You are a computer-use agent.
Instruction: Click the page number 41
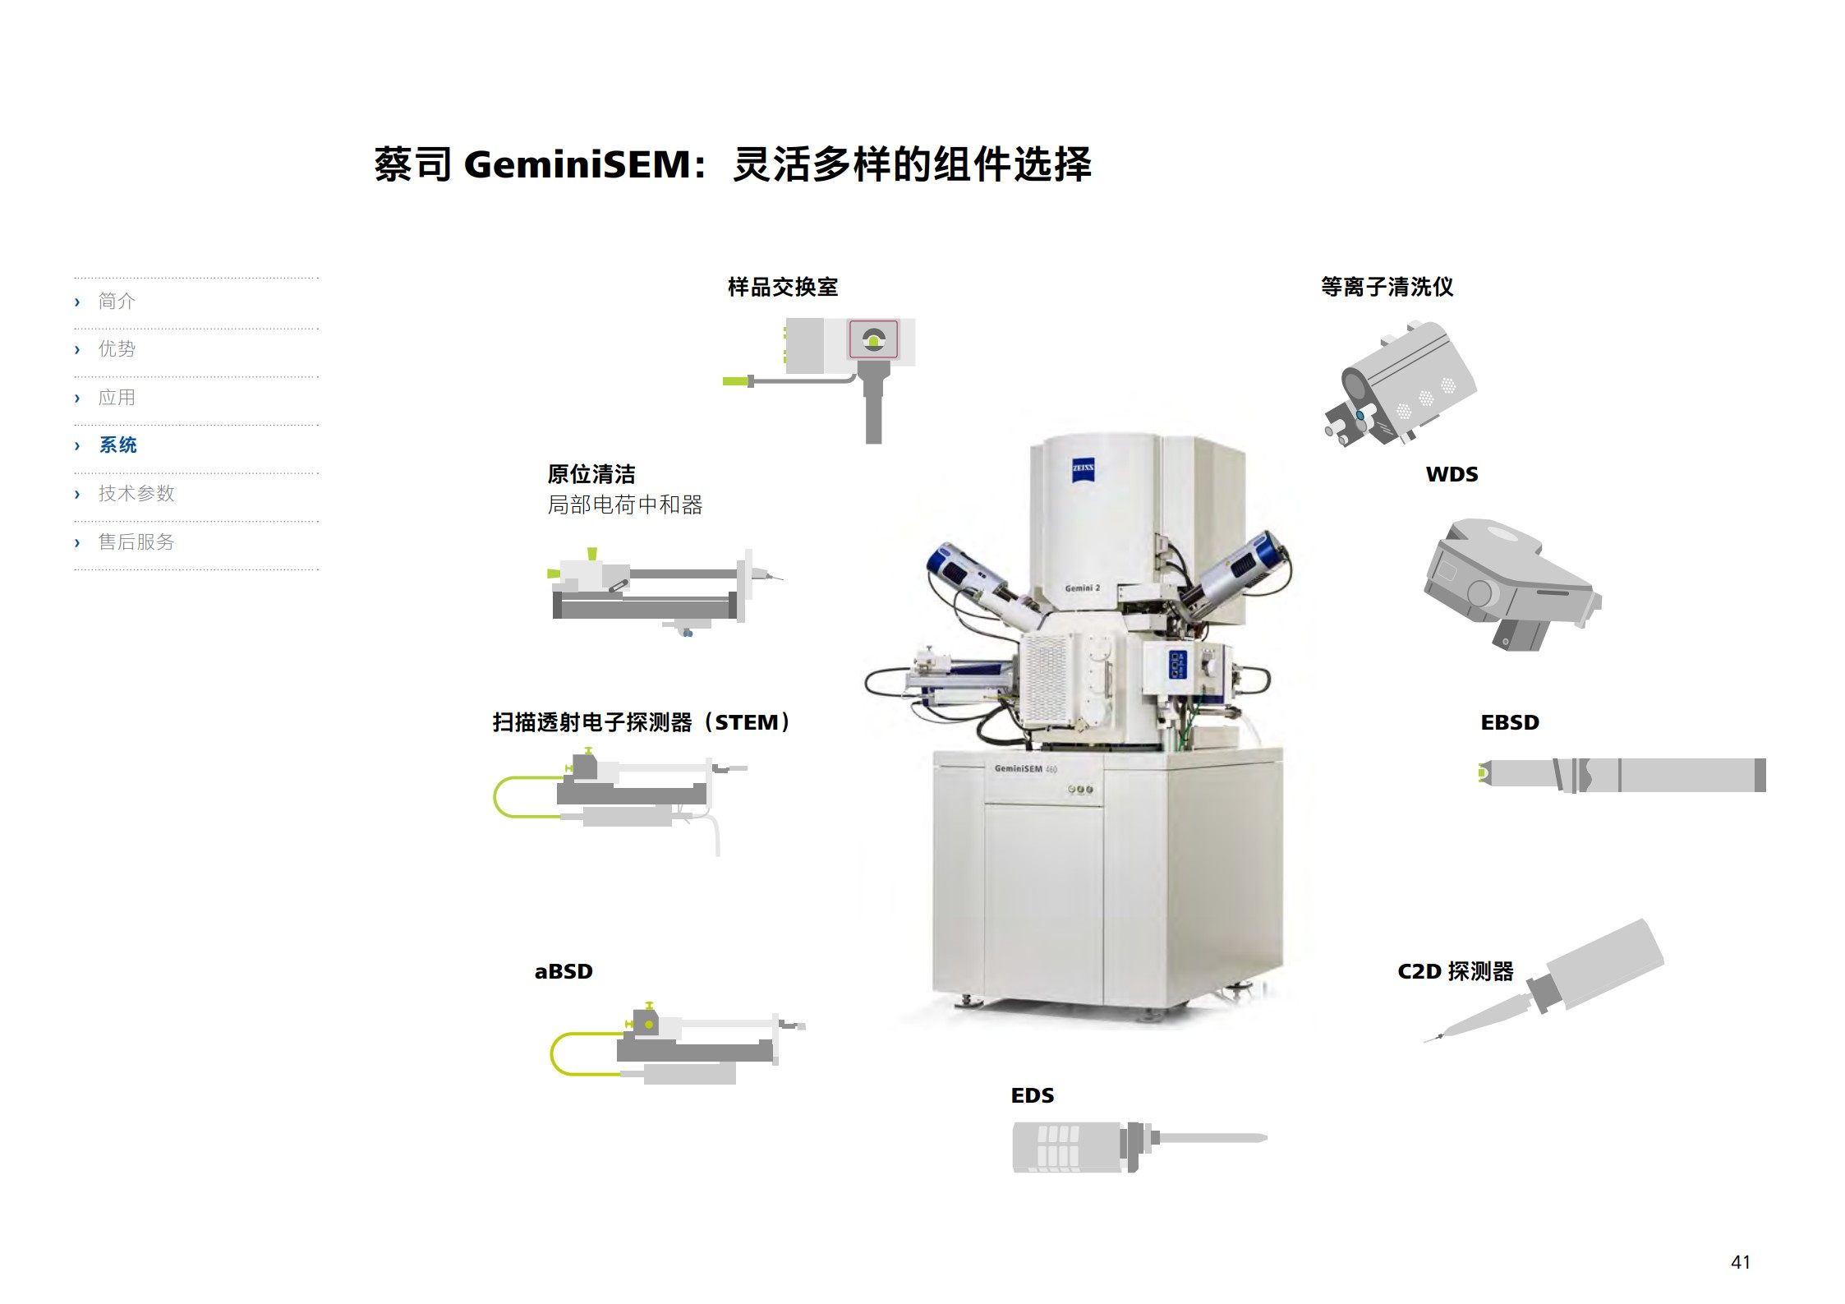[1740, 1262]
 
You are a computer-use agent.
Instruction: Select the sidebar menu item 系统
[117, 445]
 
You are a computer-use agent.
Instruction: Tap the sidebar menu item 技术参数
[136, 494]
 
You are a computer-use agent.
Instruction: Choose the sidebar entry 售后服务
[136, 542]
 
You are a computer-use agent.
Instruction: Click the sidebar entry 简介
[117, 302]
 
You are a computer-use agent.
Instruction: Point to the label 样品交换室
[783, 288]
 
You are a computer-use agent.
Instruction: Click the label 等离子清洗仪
[1387, 288]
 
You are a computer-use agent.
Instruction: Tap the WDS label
[1452, 475]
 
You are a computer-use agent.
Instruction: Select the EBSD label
[1510, 723]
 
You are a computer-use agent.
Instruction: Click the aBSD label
[564, 972]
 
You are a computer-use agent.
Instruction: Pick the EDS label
[1033, 1096]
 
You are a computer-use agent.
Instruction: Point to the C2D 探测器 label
[1456, 972]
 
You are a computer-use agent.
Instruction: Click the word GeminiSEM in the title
[578, 164]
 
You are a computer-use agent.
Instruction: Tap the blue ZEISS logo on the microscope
[1083, 468]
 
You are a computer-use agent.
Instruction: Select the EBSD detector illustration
[1622, 775]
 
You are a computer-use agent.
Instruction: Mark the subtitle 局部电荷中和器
[625, 505]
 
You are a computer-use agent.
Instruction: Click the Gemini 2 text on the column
[1082, 588]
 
